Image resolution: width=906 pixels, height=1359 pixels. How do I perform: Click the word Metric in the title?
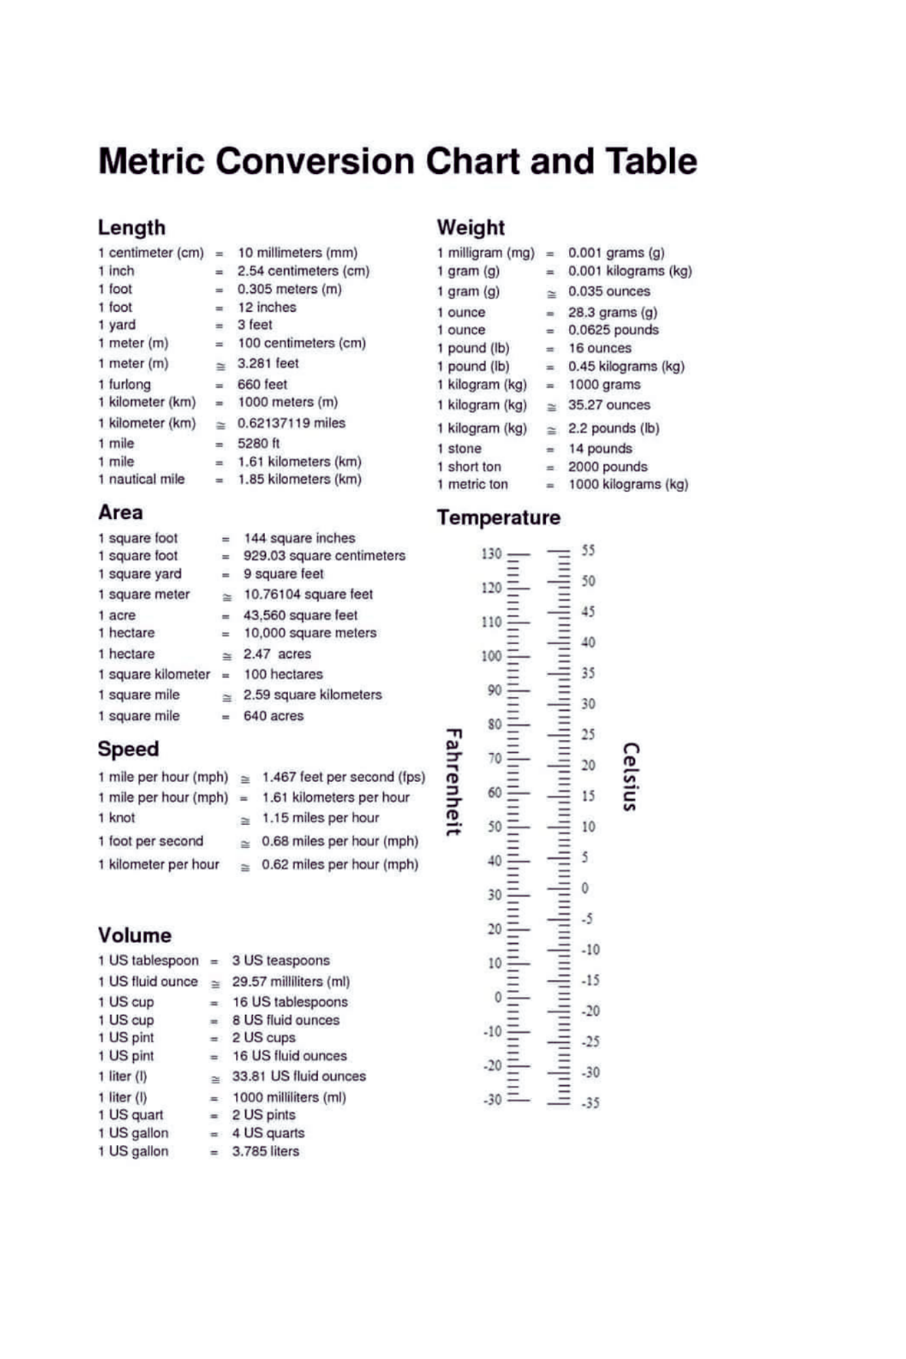click(152, 162)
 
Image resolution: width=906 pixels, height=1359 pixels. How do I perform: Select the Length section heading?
click(131, 228)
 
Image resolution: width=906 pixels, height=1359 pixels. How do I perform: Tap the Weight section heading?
click(470, 228)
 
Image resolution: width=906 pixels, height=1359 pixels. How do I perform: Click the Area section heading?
click(120, 512)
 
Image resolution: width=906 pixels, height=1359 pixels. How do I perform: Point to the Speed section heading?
click(128, 749)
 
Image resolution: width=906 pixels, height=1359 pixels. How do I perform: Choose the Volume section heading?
click(135, 935)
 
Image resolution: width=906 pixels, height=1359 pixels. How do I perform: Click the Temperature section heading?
click(498, 518)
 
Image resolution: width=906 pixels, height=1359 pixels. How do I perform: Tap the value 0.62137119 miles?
click(291, 423)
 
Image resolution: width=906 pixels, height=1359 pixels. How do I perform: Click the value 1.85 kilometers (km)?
click(299, 480)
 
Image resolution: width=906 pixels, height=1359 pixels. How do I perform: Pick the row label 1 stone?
click(459, 449)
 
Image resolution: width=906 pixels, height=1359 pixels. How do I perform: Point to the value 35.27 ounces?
click(609, 405)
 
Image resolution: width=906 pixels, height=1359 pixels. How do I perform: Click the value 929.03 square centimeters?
click(324, 556)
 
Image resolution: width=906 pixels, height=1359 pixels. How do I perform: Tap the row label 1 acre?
click(117, 616)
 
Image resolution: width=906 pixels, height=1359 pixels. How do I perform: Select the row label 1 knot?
click(117, 818)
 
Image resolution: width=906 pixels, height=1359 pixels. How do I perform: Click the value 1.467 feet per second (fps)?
click(343, 777)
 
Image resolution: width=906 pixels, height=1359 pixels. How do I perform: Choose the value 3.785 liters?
click(266, 1152)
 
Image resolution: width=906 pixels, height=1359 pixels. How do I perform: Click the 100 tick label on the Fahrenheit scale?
click(491, 656)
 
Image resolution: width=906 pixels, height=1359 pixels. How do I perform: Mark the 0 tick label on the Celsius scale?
click(585, 888)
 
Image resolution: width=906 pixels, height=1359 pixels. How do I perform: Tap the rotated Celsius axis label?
click(631, 777)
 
